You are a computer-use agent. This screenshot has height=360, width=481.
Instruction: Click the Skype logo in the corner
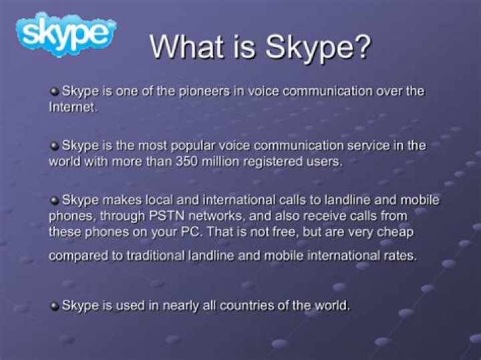(x=66, y=34)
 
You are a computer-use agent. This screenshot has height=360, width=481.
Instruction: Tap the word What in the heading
(x=187, y=47)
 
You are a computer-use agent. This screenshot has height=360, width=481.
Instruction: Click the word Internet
(x=73, y=107)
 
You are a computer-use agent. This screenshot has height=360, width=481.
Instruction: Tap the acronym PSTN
(x=166, y=216)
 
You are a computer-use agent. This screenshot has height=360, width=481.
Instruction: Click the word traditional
(x=155, y=255)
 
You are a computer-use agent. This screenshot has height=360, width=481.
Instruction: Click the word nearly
(x=180, y=306)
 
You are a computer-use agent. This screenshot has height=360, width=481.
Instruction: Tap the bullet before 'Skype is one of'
(x=54, y=92)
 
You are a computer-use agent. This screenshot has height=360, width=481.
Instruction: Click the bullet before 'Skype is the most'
(x=54, y=146)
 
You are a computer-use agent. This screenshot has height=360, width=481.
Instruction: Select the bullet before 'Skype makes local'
(x=54, y=200)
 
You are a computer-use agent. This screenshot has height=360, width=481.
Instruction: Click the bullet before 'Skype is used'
(x=54, y=306)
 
